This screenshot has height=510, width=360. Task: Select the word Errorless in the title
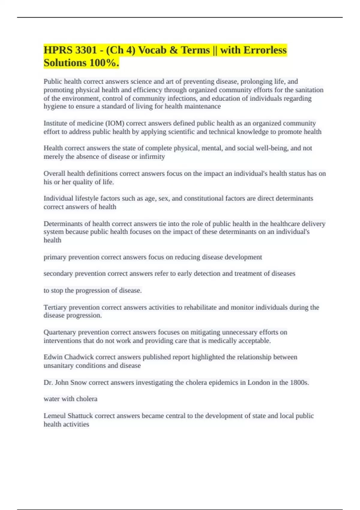tap(265, 50)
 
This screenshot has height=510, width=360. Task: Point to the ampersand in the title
tap(173, 50)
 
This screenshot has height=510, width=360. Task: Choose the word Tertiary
tap(55, 307)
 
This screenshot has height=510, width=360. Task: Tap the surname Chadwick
tap(79, 357)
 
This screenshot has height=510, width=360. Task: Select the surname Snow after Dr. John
tap(79, 382)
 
